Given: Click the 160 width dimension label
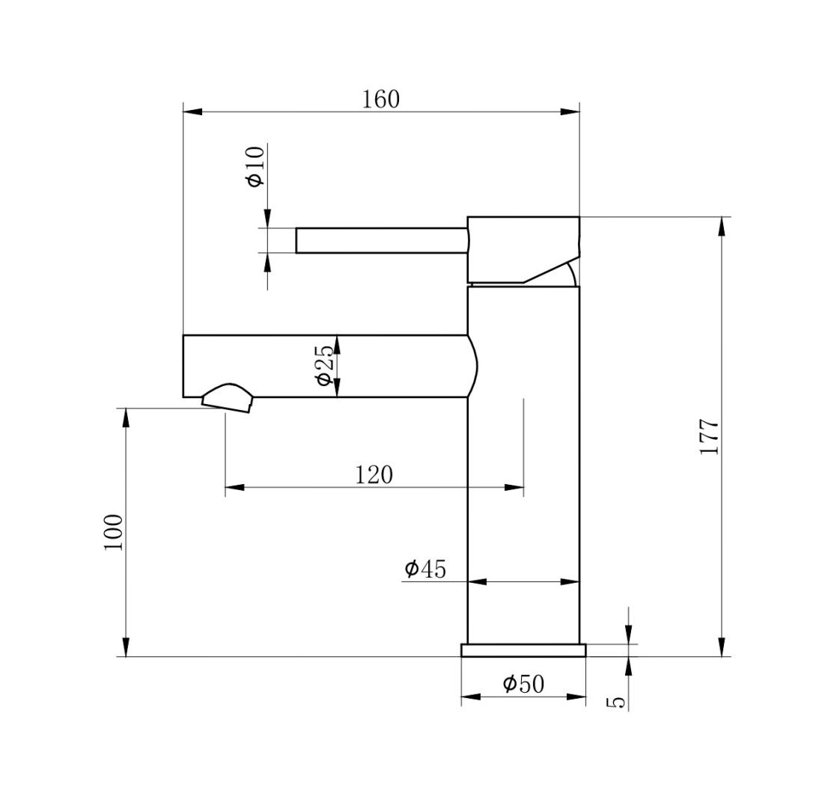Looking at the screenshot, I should [x=381, y=100].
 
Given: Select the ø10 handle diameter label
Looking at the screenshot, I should [x=255, y=166].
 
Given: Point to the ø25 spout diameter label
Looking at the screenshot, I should [x=325, y=366].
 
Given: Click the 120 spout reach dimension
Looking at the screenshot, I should [x=374, y=475].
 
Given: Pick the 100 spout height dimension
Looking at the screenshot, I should [x=113, y=532].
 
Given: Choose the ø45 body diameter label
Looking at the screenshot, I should [x=424, y=569].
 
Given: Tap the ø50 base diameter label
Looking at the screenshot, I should [x=523, y=684].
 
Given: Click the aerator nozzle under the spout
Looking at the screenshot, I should [x=228, y=399].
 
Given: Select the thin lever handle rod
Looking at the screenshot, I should [x=381, y=241].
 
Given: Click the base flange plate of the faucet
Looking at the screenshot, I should [x=523, y=650].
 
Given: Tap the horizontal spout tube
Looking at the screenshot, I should [x=325, y=366].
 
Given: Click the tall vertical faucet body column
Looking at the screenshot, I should [x=523, y=464].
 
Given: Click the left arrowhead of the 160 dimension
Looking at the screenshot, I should [x=192, y=112].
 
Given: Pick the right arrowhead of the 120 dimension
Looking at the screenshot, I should [x=514, y=488].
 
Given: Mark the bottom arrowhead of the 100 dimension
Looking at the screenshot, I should [x=126, y=647].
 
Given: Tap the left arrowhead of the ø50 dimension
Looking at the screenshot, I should [x=471, y=697].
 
